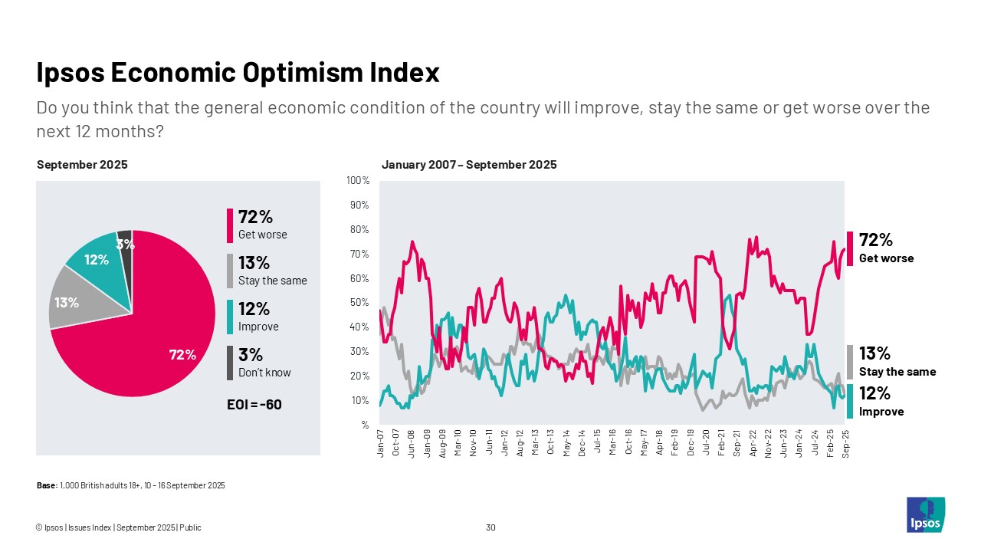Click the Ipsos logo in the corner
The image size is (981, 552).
[x=925, y=514]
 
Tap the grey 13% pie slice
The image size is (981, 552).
[x=73, y=299]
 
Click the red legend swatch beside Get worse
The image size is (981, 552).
[x=229, y=225]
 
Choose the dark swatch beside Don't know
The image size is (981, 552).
[x=229, y=363]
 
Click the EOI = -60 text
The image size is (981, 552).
[x=249, y=404]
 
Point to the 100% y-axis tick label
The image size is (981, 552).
[x=358, y=181]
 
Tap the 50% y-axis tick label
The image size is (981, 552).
[x=359, y=303]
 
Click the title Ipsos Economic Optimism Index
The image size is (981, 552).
[x=238, y=73]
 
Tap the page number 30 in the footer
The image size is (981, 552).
[x=490, y=527]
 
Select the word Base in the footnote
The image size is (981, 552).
[x=46, y=485]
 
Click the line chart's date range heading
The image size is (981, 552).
[x=469, y=165]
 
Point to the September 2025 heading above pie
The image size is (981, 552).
[x=82, y=165]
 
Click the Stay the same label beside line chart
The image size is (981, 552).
[x=897, y=372]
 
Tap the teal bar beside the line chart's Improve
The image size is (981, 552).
[x=850, y=402]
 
